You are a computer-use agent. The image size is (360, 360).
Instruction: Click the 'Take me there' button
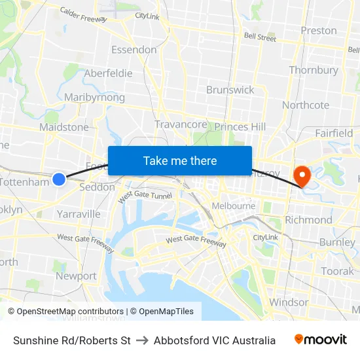point(180,161)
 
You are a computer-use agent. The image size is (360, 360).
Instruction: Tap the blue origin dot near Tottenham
point(59,179)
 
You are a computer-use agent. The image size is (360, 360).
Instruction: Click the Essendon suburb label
point(134,50)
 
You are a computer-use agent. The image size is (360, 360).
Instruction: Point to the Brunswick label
point(230,90)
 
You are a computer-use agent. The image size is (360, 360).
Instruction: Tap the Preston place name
point(319,31)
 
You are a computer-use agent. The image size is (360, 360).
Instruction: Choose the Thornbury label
point(314,70)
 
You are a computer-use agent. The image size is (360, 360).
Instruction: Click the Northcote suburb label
point(306,105)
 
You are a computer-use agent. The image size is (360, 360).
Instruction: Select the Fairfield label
point(334,133)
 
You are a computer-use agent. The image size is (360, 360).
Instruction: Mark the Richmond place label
point(308,220)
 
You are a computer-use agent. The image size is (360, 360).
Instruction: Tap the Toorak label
point(337,271)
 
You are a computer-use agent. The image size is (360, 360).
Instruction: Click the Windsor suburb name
point(289,302)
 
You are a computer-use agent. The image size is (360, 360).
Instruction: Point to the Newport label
point(76,276)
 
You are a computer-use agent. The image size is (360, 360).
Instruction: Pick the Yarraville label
point(79,214)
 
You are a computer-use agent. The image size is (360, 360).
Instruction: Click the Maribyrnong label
point(94,98)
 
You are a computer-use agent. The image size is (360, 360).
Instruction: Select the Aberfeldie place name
point(108,73)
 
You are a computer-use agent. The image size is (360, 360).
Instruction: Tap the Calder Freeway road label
point(83,15)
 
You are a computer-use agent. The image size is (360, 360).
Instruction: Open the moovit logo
point(321,340)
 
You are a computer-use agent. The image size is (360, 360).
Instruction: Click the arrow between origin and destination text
point(142,340)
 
